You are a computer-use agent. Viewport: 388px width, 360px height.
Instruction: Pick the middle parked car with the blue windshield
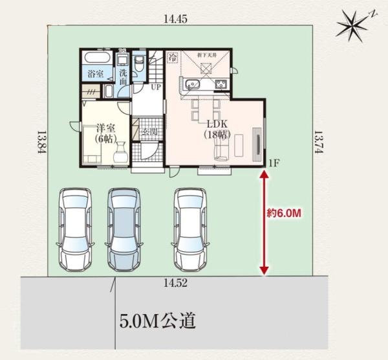point(125,229)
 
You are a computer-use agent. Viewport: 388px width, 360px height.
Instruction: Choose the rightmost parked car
point(192,229)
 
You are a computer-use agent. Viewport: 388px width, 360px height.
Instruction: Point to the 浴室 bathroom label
point(96,75)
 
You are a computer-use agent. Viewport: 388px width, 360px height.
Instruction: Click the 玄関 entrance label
point(150,132)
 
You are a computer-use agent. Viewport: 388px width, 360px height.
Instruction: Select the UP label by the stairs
point(156,87)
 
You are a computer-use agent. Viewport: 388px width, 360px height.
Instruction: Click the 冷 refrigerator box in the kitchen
point(173,58)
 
